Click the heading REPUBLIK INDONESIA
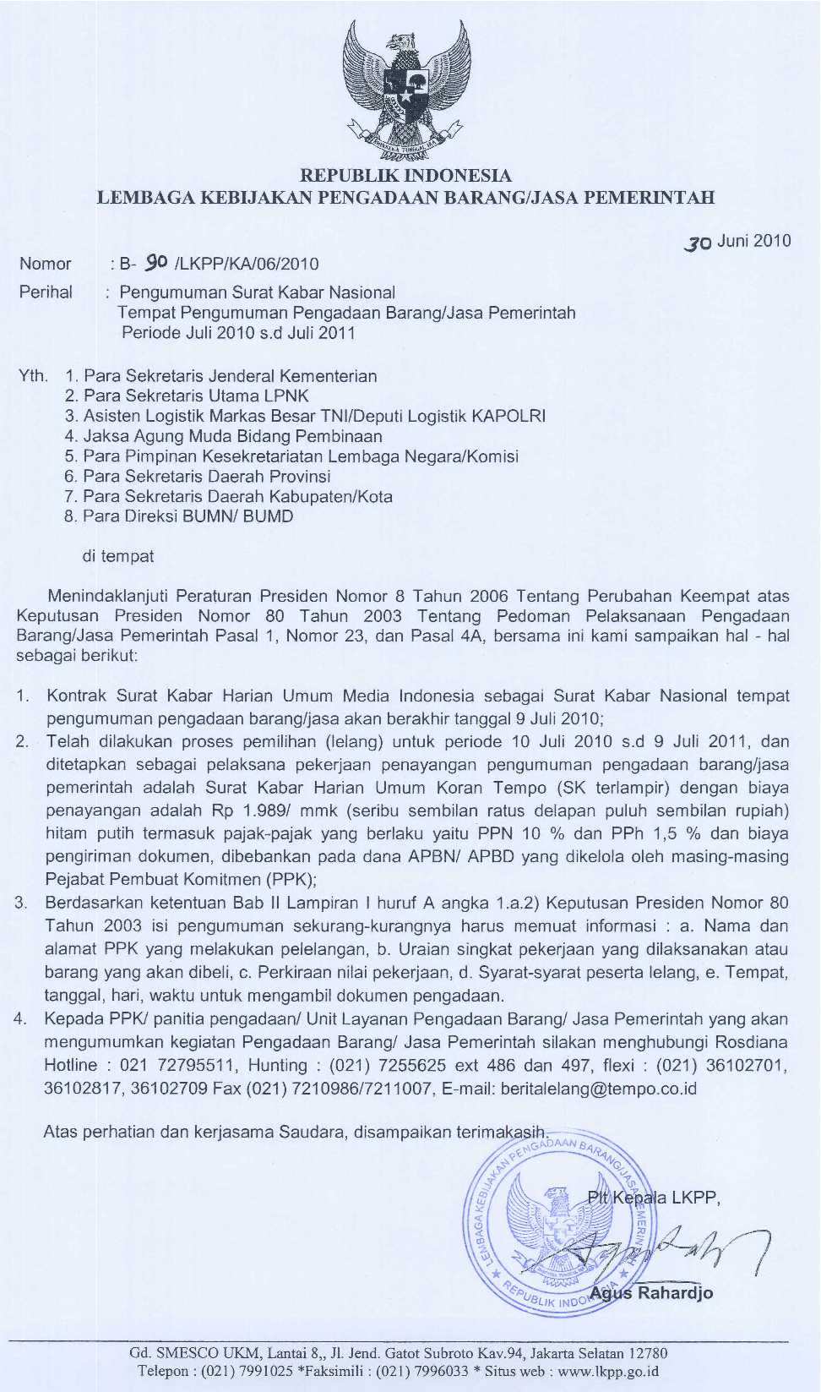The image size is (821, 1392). point(406,176)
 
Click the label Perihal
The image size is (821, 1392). point(46,292)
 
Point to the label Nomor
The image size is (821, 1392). point(46,264)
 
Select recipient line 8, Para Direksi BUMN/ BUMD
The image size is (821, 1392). point(179,516)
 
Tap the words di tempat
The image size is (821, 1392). point(118,556)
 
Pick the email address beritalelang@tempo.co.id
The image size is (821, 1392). point(599,1089)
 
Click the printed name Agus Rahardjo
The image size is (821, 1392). point(651,1293)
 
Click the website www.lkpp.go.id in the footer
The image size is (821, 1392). point(608,1371)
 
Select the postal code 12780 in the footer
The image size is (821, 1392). point(648,1353)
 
